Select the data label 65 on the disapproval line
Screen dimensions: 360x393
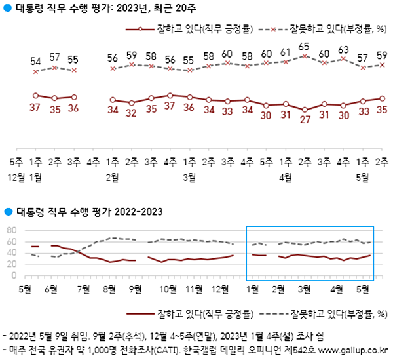(304, 47)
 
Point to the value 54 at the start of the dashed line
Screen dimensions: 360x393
(35, 61)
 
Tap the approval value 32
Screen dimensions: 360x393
(132, 113)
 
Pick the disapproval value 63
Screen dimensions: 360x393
(343, 49)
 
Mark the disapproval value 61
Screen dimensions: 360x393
(285, 52)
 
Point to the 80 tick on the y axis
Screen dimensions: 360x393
(10, 230)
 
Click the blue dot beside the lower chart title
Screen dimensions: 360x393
(7, 211)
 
